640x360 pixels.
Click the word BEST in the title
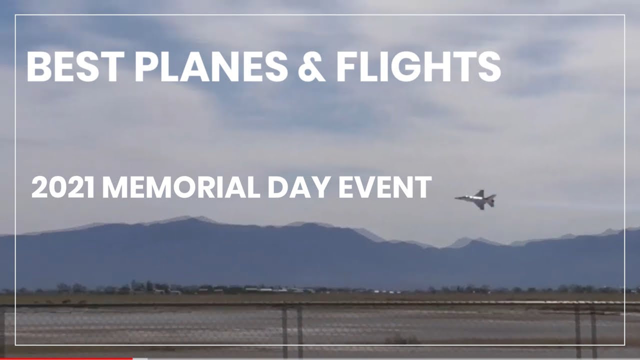(75, 67)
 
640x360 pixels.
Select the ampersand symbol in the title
(311, 67)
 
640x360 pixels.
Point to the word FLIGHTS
(418, 67)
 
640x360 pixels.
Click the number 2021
(63, 187)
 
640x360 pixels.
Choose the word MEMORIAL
(181, 187)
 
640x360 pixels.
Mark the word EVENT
(385, 187)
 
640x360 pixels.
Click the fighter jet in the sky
(476, 199)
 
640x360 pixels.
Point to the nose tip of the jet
(455, 197)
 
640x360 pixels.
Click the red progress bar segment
(66, 358)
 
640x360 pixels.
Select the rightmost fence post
(593, 331)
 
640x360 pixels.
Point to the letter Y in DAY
(321, 187)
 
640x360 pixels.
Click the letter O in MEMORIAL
(185, 187)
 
